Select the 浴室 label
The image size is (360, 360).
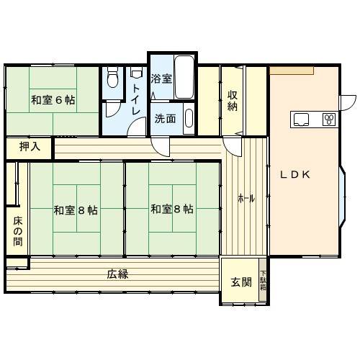(x=161, y=78)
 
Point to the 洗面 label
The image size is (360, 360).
(x=165, y=119)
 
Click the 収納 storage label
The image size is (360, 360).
(x=233, y=100)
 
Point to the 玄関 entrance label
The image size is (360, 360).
(x=241, y=282)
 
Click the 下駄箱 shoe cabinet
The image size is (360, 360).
(x=264, y=279)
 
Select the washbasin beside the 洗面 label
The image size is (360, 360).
(x=188, y=117)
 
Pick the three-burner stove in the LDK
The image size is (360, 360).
(x=329, y=119)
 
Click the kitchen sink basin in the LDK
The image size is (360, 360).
(x=301, y=118)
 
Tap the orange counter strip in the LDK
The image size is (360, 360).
(x=292, y=70)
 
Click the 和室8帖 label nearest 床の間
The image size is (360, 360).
(x=76, y=210)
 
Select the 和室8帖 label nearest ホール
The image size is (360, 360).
(x=172, y=210)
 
